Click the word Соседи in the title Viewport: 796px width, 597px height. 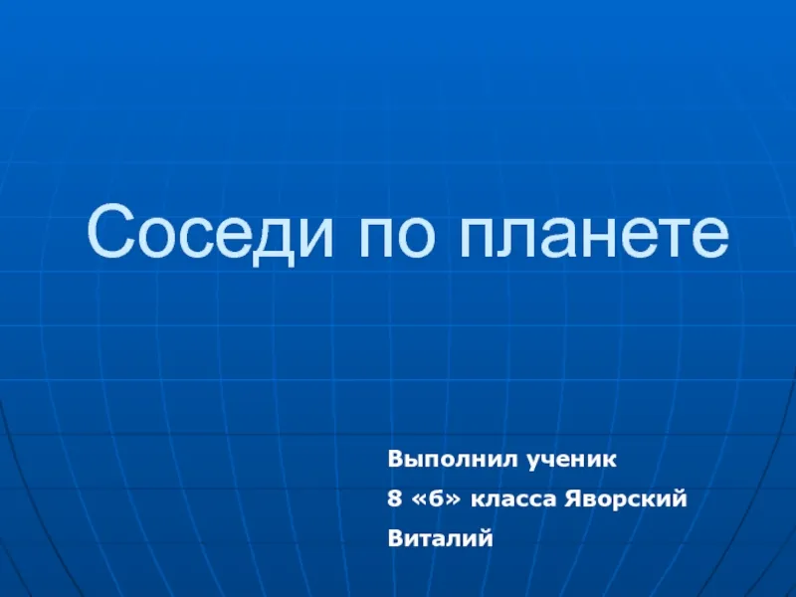pos(210,234)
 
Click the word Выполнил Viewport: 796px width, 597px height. pos(453,460)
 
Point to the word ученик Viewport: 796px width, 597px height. pos(571,461)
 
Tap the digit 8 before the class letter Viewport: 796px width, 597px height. pos(394,499)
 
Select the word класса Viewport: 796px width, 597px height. pos(513,500)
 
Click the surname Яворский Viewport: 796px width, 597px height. pos(626,499)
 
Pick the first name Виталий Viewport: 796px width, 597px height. pos(440,537)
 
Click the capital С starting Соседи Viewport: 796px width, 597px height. pos(110,231)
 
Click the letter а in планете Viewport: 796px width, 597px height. pos(561,238)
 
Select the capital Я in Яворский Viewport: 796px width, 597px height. pos(573,499)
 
